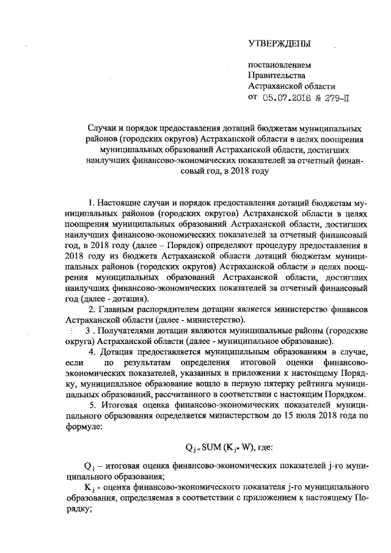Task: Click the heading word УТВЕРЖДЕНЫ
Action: tap(279, 43)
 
